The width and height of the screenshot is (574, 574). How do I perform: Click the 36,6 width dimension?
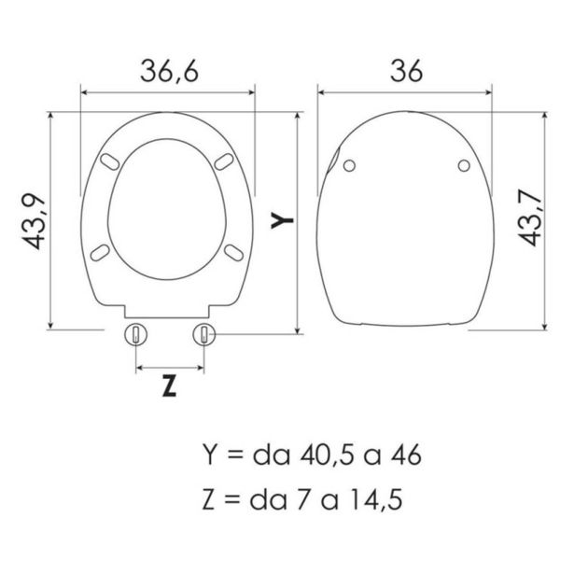[x=170, y=71]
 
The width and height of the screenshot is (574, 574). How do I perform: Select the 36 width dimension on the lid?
[x=406, y=71]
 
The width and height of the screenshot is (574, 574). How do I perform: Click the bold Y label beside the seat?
[x=282, y=220]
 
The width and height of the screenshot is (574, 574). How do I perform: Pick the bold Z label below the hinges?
[x=169, y=386]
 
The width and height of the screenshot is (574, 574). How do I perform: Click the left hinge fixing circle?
[x=136, y=334]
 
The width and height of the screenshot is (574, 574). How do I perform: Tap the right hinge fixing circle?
[x=204, y=334]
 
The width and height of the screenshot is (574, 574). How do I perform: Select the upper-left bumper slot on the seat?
[x=110, y=161]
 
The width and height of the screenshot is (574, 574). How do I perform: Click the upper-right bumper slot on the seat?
[x=224, y=161]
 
